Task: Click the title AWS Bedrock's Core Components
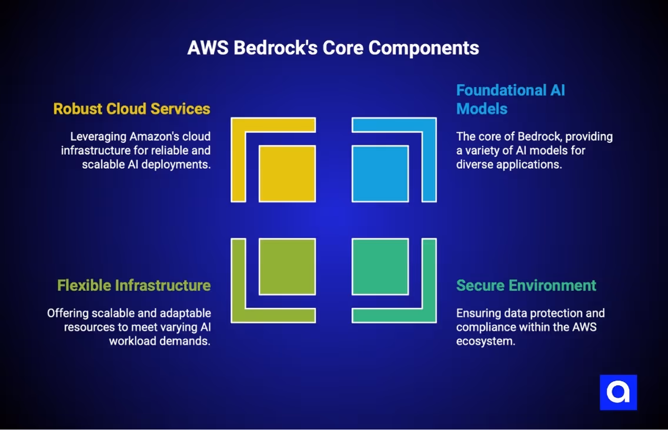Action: point(333,48)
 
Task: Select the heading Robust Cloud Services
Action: point(132,109)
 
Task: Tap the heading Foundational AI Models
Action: point(510,99)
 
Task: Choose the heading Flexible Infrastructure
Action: point(133,285)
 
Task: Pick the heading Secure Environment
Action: point(526,285)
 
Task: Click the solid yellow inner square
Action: point(287,174)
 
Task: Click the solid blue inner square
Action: point(380,174)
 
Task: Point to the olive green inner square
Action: point(287,266)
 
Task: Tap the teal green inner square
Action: point(380,266)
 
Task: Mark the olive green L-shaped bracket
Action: point(238,282)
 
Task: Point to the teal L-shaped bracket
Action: point(429,282)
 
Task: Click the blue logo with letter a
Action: point(618,392)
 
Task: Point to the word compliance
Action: point(486,327)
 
